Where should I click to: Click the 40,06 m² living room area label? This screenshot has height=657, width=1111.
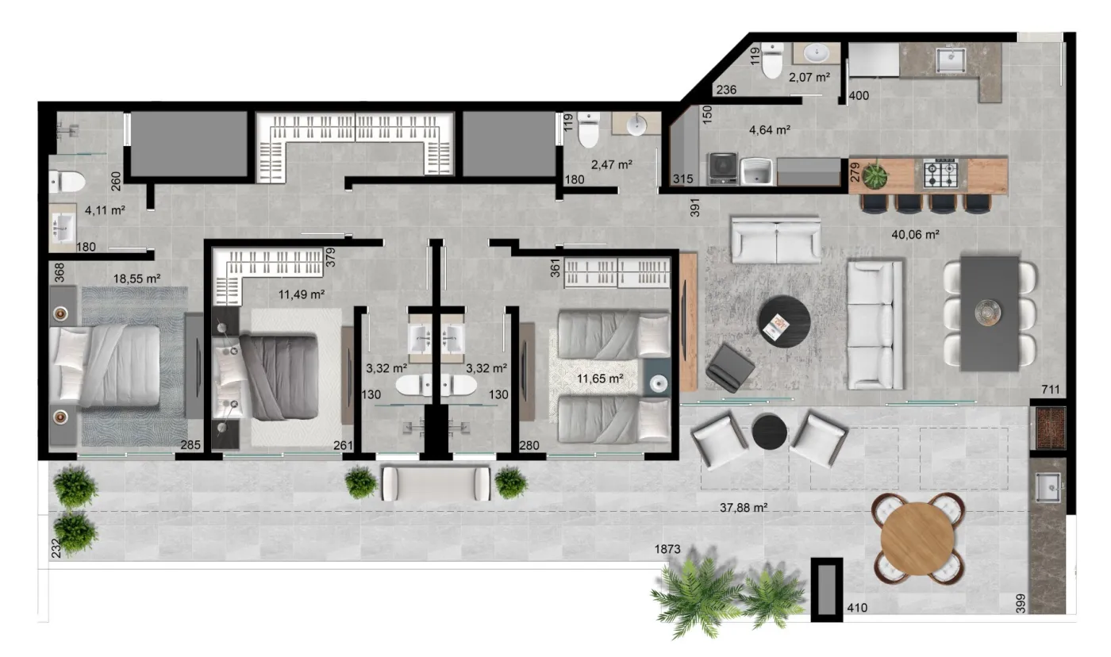click(x=915, y=235)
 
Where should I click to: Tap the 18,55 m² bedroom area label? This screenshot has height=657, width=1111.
click(x=136, y=279)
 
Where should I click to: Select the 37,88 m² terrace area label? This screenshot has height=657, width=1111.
click(x=744, y=508)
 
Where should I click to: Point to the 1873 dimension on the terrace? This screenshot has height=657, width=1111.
click(x=667, y=549)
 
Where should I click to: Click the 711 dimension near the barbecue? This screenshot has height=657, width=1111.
click(x=1051, y=390)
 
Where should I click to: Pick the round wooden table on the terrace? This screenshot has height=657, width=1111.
click(x=917, y=538)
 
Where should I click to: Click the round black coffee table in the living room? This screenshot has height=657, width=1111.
click(x=784, y=321)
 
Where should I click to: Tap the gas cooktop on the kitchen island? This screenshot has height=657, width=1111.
click(x=940, y=174)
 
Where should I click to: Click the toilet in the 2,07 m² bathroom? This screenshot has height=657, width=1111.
click(x=771, y=60)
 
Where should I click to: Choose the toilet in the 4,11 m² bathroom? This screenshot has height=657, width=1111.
click(x=67, y=182)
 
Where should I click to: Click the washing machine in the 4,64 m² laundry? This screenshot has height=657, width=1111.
click(x=723, y=168)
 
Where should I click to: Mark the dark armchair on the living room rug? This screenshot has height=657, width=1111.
click(x=729, y=367)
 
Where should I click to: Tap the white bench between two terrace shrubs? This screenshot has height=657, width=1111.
click(x=436, y=483)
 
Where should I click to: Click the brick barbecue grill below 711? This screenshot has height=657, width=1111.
click(x=1050, y=428)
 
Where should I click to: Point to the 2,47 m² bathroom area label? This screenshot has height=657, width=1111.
click(x=612, y=164)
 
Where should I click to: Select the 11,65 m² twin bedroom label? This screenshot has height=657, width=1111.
click(x=600, y=378)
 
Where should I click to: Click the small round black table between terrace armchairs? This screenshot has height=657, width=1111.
click(x=769, y=432)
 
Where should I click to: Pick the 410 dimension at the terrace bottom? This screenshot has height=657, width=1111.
click(x=857, y=608)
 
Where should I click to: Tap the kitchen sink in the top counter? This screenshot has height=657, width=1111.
click(x=951, y=61)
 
